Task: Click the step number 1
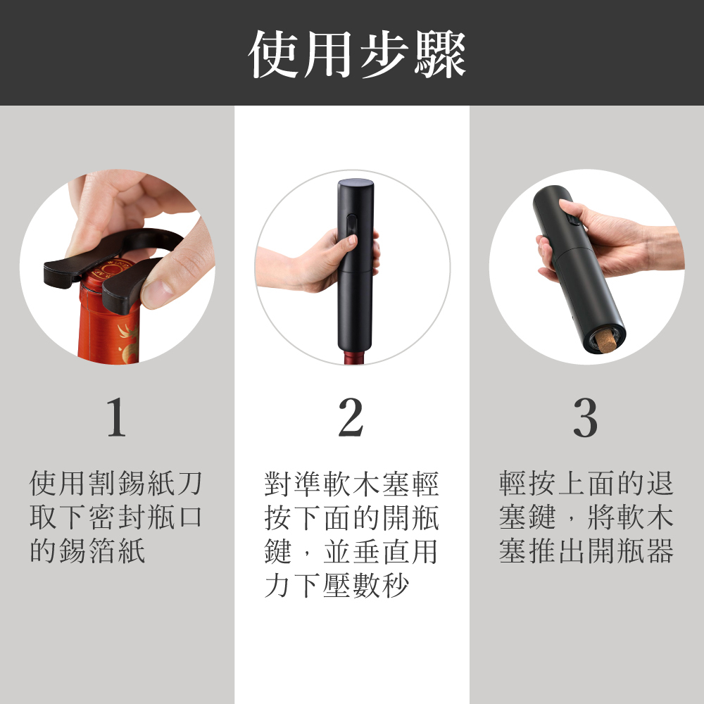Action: coord(117,417)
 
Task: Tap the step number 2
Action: coord(351,417)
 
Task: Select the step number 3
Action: coord(585,417)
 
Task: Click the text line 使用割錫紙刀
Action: coord(116,484)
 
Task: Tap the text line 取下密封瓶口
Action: coord(116,517)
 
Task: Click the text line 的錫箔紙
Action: coord(87,551)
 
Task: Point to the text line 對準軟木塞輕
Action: coord(351,484)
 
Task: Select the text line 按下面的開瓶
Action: coord(351,517)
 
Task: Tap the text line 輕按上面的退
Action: coord(586,484)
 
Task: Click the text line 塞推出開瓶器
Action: coord(586,551)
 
